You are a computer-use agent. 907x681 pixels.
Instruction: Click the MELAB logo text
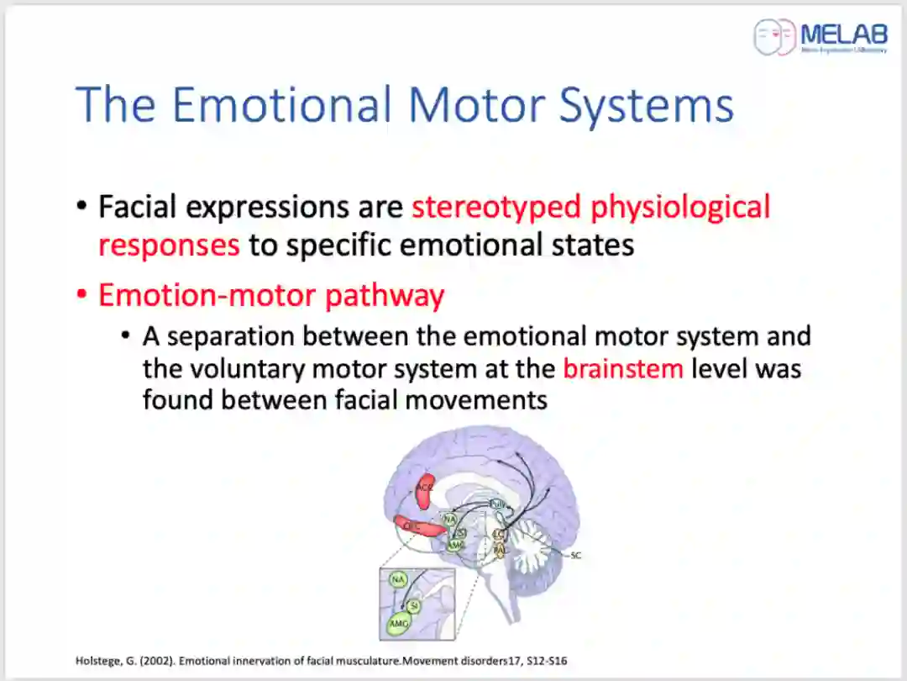[x=841, y=34]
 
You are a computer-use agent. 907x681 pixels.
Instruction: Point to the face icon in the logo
[x=774, y=37]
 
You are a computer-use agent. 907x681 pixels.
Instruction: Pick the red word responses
[x=169, y=245]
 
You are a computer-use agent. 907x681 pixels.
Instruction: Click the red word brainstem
[x=623, y=367]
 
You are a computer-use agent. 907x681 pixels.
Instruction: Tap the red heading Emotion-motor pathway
[x=271, y=296]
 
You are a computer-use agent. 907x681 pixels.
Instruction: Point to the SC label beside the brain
[x=575, y=556]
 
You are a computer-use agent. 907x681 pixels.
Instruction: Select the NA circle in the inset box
[x=398, y=580]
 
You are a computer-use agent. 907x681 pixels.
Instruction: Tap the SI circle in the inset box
[x=413, y=604]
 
